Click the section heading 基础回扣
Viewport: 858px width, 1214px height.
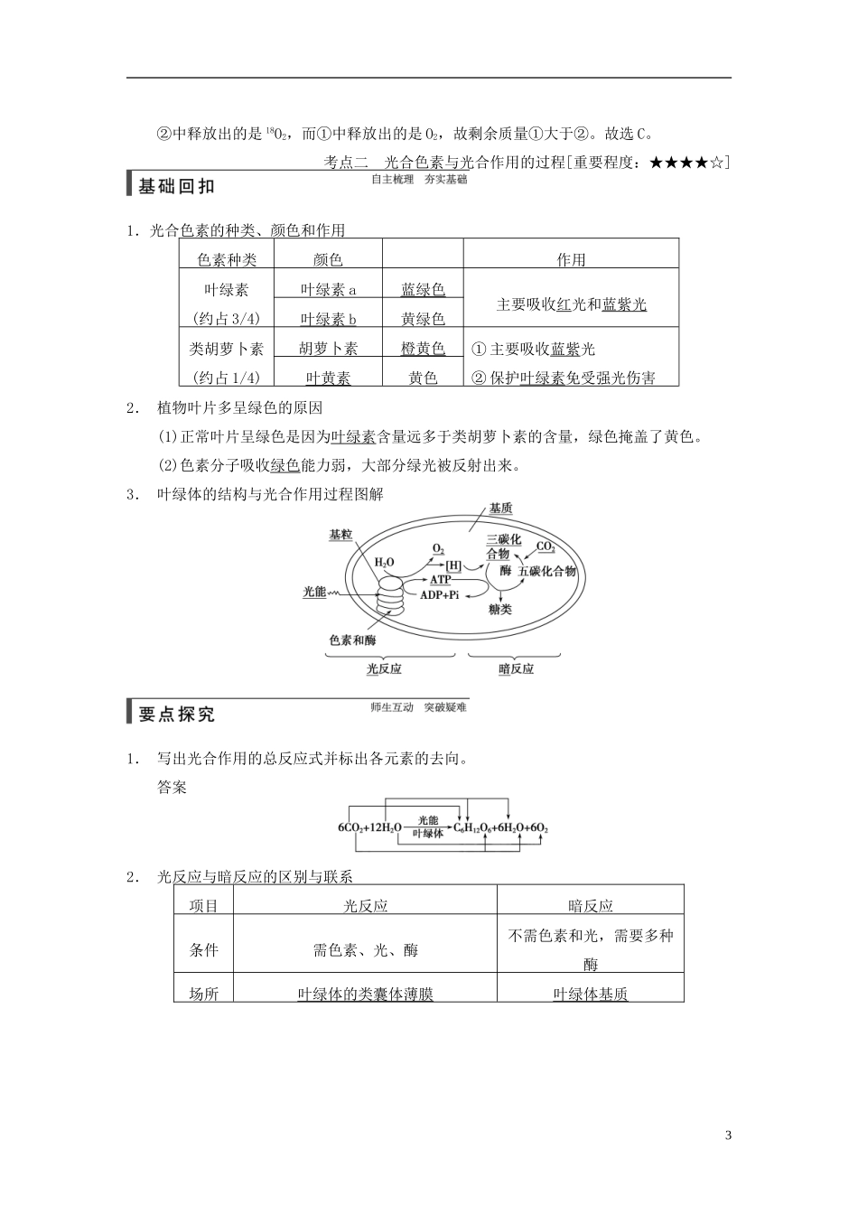(177, 187)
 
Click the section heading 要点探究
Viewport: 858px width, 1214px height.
(177, 714)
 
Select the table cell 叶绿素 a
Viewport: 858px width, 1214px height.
(328, 290)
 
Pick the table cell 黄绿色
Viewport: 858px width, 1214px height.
(423, 319)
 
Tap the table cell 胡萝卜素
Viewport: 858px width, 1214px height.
(328, 349)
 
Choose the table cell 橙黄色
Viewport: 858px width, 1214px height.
(423, 349)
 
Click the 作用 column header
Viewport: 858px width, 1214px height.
(571, 260)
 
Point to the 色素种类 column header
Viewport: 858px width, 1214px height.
(227, 260)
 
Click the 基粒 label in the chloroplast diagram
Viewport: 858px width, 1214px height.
(340, 535)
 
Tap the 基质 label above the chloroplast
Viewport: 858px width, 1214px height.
(500, 509)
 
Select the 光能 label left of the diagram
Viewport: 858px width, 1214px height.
(314, 592)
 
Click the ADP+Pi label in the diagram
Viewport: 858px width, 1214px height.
(439, 594)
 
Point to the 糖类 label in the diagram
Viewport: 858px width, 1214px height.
(499, 610)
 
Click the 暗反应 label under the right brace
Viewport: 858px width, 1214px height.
(516, 668)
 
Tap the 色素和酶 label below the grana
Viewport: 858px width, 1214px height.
(352, 640)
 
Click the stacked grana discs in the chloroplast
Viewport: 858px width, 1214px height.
(391, 597)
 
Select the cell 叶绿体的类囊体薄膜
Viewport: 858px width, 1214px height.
(365, 994)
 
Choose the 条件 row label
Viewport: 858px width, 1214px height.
(203, 949)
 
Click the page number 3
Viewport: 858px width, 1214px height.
(727, 1135)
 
